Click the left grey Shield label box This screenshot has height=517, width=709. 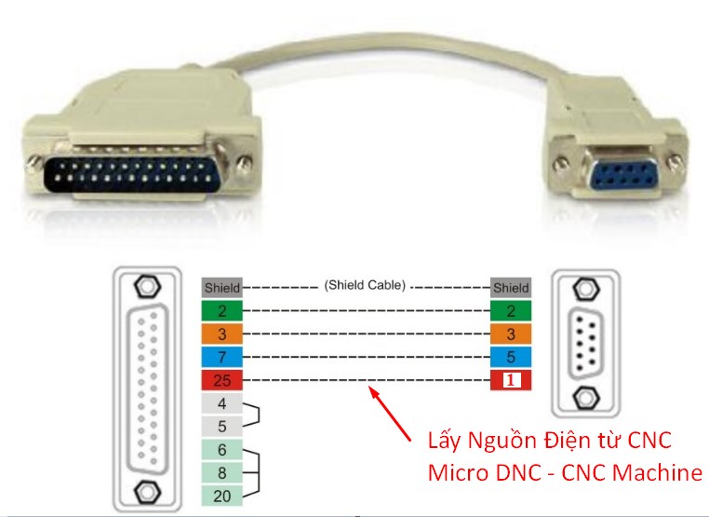[221, 288]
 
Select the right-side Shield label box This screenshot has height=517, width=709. [511, 288]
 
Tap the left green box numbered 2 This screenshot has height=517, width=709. [221, 311]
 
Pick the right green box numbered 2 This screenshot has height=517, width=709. [511, 311]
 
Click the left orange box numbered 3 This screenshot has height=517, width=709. [221, 333]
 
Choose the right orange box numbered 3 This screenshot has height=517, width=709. [511, 333]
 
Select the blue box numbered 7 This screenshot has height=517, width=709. [221, 357]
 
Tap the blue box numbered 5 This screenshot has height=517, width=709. [511, 357]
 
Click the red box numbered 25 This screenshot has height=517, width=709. [221, 380]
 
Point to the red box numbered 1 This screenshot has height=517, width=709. [511, 380]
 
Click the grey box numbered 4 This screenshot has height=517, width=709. [221, 403]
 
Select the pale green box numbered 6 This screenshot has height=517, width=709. [221, 450]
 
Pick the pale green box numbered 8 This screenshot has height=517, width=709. [221, 473]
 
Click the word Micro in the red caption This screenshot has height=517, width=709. [458, 472]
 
